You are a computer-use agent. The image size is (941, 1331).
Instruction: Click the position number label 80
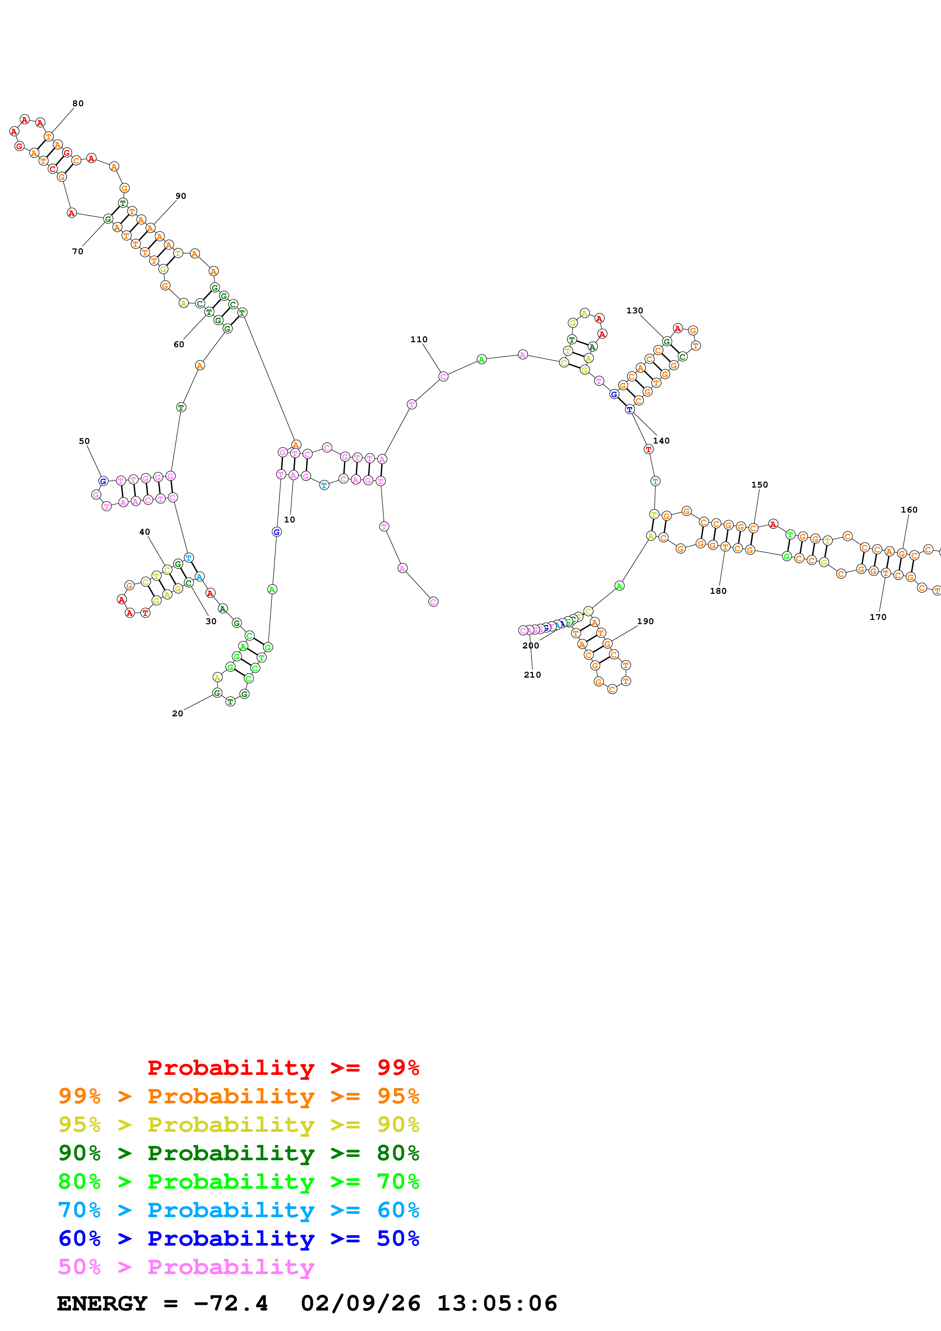78,104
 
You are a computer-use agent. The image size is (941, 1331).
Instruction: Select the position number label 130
634,311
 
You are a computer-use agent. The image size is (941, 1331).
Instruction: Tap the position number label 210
532,675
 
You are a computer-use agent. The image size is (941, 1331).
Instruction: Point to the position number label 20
177,714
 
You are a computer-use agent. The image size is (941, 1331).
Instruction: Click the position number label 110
419,340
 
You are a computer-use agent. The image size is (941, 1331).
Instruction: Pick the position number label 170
878,617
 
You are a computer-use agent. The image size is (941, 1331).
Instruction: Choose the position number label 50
84,441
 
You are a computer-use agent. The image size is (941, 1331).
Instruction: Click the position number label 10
289,520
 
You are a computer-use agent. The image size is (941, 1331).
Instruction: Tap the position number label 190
645,621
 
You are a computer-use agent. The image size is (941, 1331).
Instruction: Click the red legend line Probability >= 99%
283,1068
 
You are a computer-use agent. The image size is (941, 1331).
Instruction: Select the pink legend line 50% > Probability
186,1267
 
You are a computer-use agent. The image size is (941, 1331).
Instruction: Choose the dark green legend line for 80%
238,1153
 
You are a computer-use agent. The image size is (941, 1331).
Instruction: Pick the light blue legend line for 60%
238,1210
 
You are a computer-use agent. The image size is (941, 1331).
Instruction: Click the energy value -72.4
231,1304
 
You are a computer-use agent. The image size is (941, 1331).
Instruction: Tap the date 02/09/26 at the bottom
360,1304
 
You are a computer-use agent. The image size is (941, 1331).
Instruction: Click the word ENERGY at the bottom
102,1304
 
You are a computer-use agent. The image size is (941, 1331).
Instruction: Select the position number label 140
661,441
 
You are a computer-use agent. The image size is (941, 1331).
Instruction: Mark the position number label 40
144,532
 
